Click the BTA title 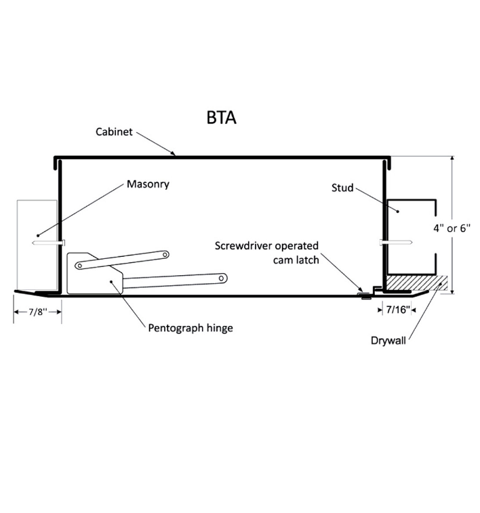(221, 117)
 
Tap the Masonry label (147, 184)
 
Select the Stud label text (342, 187)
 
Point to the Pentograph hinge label (191, 328)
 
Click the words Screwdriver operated (266, 245)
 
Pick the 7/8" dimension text (38, 314)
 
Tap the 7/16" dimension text (397, 310)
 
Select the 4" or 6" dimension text (452, 228)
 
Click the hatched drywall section (414, 280)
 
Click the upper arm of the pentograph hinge (122, 259)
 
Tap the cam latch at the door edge (366, 293)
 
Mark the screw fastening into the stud (396, 241)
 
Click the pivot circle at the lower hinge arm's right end (222, 276)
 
